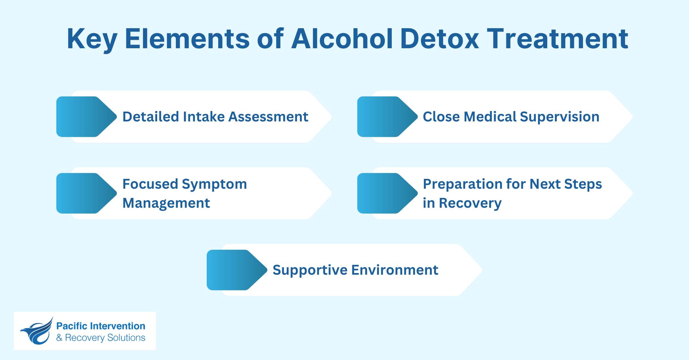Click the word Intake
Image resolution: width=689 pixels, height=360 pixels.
203,117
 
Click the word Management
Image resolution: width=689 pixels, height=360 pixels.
166,203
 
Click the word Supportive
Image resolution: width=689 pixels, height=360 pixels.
310,270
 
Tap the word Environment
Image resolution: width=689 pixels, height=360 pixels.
395,270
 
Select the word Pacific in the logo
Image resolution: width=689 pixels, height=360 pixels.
72,326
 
